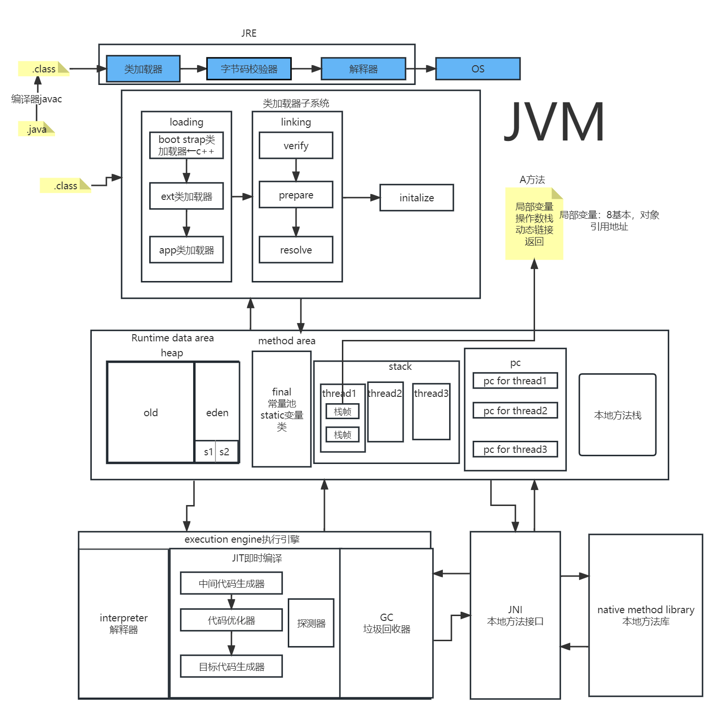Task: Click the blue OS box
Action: pyautogui.click(x=478, y=69)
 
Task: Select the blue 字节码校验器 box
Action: pyautogui.click(x=249, y=69)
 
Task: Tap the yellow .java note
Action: pyautogui.click(x=37, y=129)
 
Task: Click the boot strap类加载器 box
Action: pyautogui.click(x=186, y=145)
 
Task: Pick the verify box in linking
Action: pyautogui.click(x=296, y=145)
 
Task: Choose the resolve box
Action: pyautogui.click(x=296, y=250)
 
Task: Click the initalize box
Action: pyautogui.click(x=416, y=197)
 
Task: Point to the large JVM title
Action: pyautogui.click(x=554, y=122)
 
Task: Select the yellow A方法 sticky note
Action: pyautogui.click(x=534, y=224)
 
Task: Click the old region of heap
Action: pyautogui.click(x=150, y=412)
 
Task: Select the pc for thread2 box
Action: pyautogui.click(x=515, y=410)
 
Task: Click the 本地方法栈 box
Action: pyautogui.click(x=617, y=415)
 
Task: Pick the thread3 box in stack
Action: pyautogui.click(x=431, y=411)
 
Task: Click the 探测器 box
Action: pyautogui.click(x=311, y=623)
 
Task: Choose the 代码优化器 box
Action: pyautogui.click(x=231, y=620)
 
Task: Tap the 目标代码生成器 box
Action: pyautogui.click(x=231, y=666)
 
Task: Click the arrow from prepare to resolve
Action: pyautogui.click(x=296, y=222)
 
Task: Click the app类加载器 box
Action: pyautogui.click(x=186, y=250)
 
